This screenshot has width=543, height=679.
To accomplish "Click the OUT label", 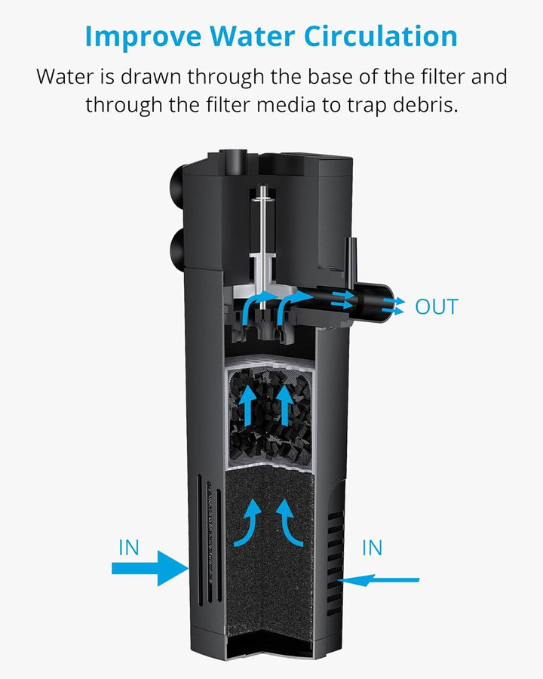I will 436,307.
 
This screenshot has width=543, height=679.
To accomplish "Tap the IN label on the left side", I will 129,547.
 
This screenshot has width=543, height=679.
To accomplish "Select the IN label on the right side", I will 373,547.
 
